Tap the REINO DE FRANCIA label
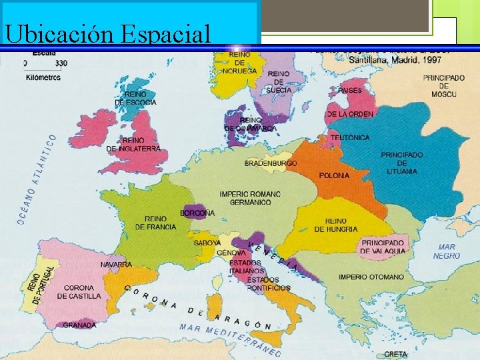coord(156,223)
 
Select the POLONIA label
coord(333,175)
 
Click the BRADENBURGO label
coord(271,163)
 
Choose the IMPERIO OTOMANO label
coord(371,277)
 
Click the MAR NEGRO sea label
coord(446,251)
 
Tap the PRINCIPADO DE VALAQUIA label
coord(382,247)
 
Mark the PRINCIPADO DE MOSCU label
coord(443,86)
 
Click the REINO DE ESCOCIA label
coord(135,99)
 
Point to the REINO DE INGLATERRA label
coord(133,145)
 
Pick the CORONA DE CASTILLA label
coord(83,292)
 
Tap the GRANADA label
coord(79,325)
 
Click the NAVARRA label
coord(116,265)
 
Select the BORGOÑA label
coord(197,213)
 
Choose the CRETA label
coord(396,354)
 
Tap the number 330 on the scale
coord(61,63)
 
